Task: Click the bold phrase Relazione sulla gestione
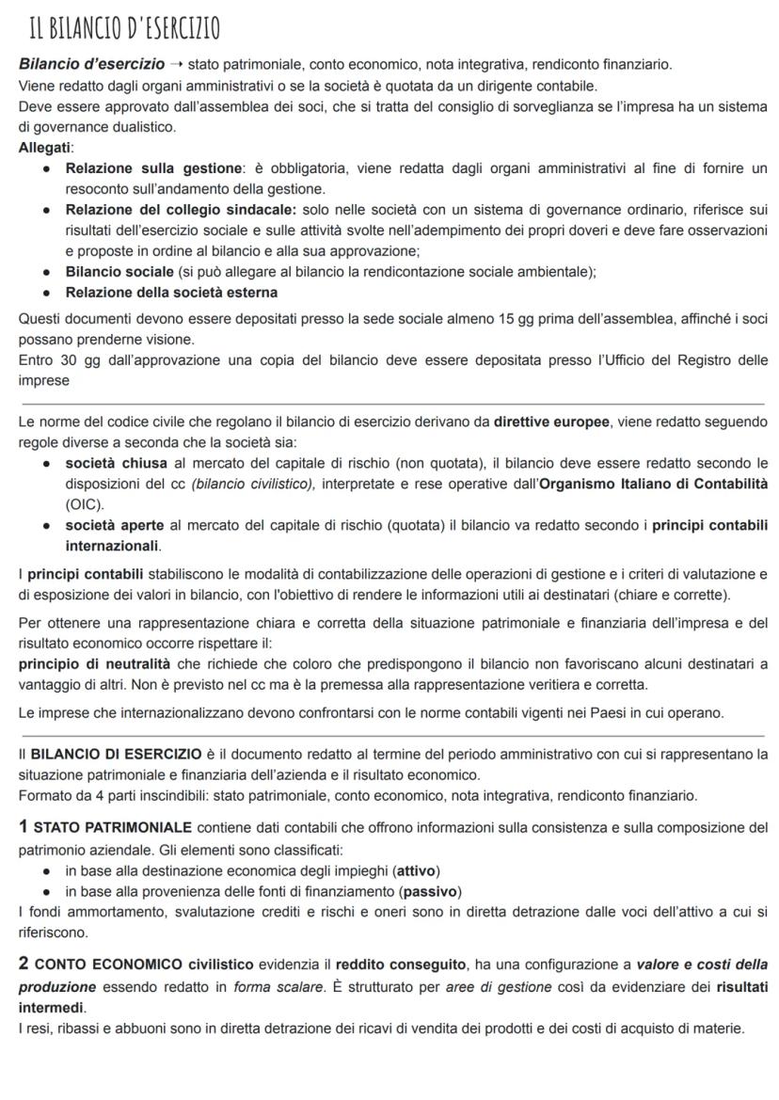[153, 168]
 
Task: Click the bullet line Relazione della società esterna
[171, 293]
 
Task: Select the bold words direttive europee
[551, 422]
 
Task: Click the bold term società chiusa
[117, 463]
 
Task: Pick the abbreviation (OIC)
[85, 504]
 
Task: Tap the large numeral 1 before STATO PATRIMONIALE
[24, 827]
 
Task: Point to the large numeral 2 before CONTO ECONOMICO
[24, 964]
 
